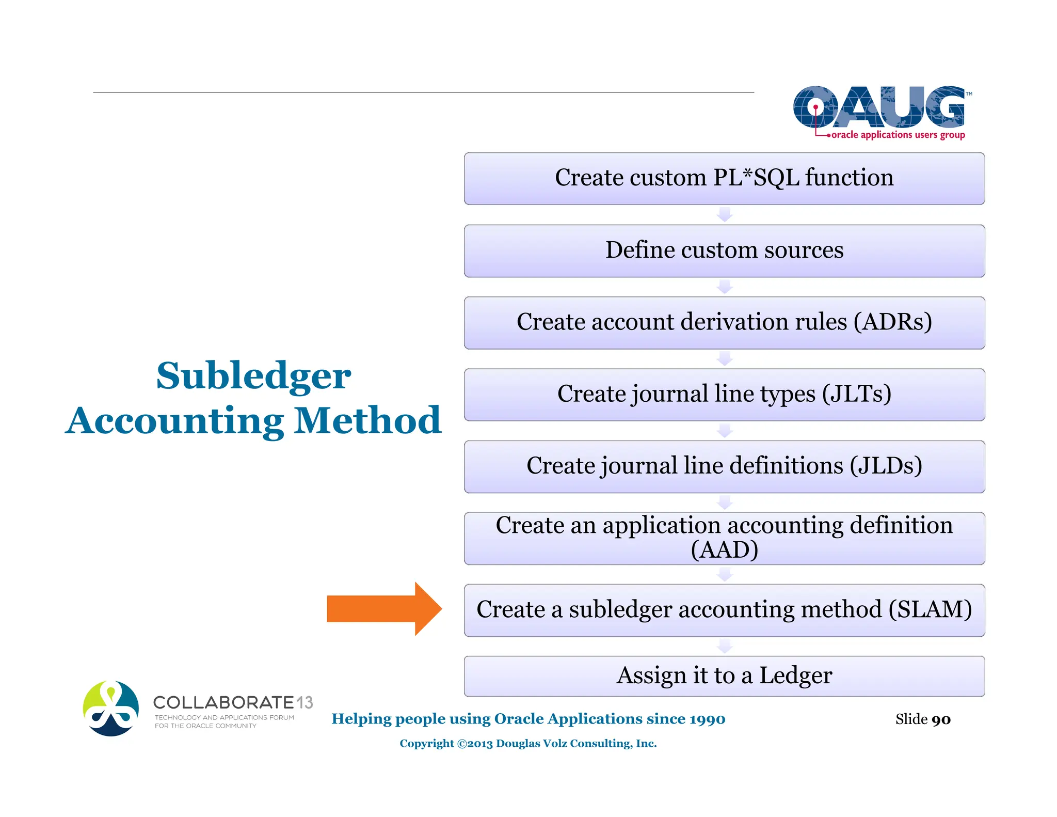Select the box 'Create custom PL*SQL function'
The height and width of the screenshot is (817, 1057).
click(724, 178)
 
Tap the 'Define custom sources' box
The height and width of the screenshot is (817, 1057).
click(724, 250)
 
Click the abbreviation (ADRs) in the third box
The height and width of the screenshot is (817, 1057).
click(892, 322)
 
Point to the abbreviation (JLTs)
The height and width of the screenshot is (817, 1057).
click(856, 394)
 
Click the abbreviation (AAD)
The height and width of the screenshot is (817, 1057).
click(724, 550)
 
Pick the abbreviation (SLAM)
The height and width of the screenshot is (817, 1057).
click(930, 609)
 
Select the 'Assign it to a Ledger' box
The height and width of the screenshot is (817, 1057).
click(724, 675)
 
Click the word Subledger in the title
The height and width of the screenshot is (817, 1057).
click(253, 375)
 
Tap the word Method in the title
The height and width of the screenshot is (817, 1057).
click(367, 420)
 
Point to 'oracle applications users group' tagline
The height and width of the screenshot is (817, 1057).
click(898, 135)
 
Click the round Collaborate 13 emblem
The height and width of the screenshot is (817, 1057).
click(111, 709)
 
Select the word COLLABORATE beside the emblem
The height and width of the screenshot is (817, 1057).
click(223, 702)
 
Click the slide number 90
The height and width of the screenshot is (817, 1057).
click(941, 719)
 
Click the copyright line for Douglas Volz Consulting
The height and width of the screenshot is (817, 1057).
click(528, 744)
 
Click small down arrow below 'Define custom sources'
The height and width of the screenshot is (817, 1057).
click(725, 287)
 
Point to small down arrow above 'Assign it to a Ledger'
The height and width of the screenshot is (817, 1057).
click(725, 646)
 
